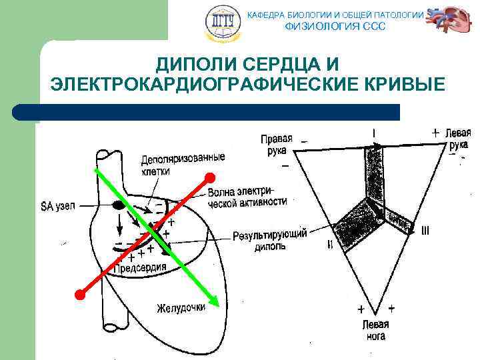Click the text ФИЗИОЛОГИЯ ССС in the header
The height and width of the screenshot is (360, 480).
pyautogui.click(x=335, y=27)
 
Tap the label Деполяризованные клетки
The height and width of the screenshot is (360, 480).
pyautogui.click(x=183, y=164)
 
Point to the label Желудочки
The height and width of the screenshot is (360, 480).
pyautogui.click(x=181, y=308)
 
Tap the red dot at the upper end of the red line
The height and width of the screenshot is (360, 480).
pyautogui.click(x=210, y=177)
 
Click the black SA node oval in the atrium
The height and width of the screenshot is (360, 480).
pyautogui.click(x=119, y=205)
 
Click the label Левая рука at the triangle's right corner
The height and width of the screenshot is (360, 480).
pyautogui.click(x=457, y=138)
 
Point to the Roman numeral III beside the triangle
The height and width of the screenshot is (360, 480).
pyautogui.click(x=425, y=231)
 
